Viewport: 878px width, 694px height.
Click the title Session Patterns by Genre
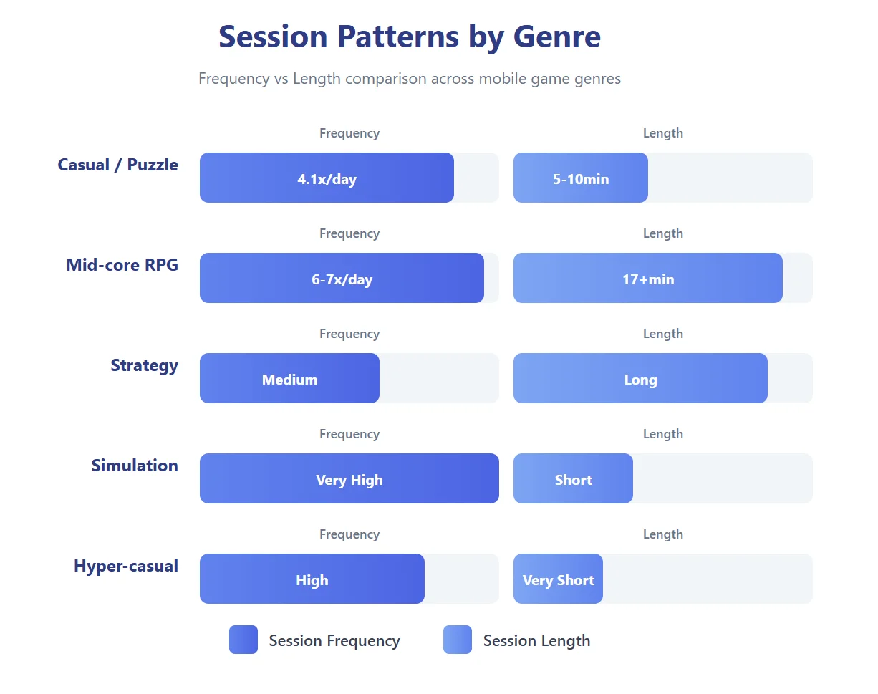(x=409, y=37)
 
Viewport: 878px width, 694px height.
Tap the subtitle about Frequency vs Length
(x=409, y=79)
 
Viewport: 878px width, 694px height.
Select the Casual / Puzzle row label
(x=117, y=165)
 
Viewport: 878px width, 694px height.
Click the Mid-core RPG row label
(x=122, y=265)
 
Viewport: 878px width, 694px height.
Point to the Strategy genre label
(x=144, y=365)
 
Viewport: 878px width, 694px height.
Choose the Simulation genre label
(x=134, y=466)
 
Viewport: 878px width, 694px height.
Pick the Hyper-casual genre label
(x=125, y=566)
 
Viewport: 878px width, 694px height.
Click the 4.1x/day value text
(x=327, y=179)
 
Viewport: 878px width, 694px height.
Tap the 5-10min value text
(x=580, y=179)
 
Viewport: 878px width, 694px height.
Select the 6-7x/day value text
(x=342, y=279)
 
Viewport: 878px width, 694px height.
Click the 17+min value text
(x=647, y=279)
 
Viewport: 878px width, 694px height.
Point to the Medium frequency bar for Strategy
(x=289, y=378)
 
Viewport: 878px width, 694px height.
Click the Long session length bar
(x=640, y=378)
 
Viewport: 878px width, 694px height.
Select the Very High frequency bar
(x=349, y=478)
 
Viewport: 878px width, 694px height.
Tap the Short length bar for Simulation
(x=573, y=478)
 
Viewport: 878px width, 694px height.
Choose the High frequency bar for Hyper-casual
(x=312, y=579)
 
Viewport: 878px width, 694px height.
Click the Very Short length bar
(x=558, y=579)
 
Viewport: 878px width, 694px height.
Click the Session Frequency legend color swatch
(x=243, y=640)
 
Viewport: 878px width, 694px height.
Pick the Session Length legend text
(x=536, y=641)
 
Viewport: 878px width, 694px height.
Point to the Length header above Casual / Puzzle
(x=662, y=133)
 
